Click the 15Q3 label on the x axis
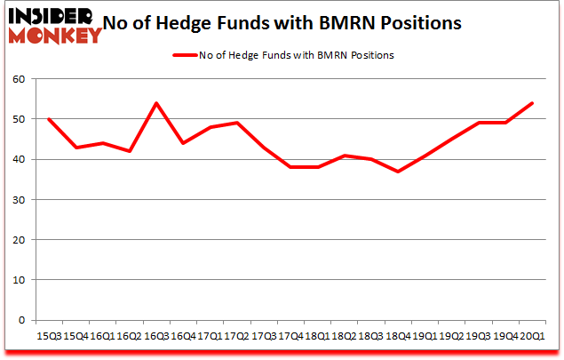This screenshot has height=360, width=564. [48, 336]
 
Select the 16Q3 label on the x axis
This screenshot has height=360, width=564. [157, 336]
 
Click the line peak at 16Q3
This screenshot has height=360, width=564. [157, 103]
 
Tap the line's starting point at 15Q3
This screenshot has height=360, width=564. [48, 119]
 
